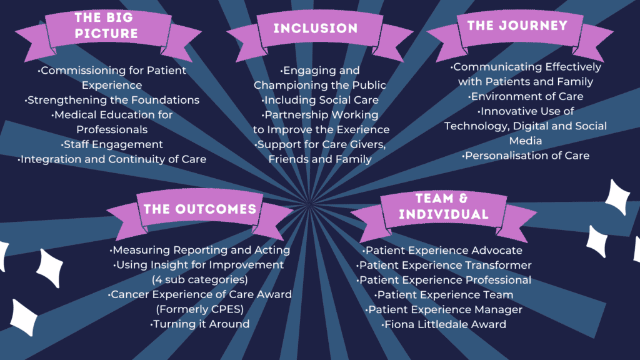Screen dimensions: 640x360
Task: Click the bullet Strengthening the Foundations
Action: (x=112, y=100)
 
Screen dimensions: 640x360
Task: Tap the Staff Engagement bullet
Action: (x=112, y=144)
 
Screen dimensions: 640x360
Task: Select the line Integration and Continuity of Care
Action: (x=112, y=159)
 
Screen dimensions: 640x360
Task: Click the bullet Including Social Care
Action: (x=320, y=100)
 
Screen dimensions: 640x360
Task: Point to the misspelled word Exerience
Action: (x=362, y=130)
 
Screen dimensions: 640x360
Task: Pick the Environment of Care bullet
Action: (x=526, y=96)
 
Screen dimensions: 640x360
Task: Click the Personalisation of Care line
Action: (x=526, y=156)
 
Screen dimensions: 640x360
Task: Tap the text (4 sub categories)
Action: (x=200, y=279)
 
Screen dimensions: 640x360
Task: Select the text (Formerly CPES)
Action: (x=200, y=309)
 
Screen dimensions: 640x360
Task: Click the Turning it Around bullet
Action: (x=200, y=324)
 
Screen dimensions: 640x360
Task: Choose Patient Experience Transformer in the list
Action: (x=444, y=265)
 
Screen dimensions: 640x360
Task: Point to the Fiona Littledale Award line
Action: (x=444, y=324)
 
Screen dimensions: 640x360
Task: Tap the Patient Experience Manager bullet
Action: (x=444, y=310)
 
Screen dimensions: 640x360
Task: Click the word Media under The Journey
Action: (x=526, y=141)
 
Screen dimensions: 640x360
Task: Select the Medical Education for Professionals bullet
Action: (x=112, y=122)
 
